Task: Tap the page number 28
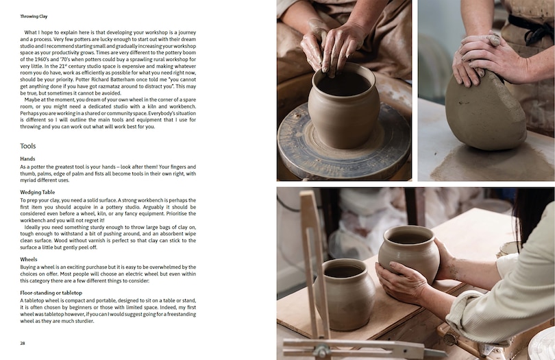pyautogui.click(x=23, y=342)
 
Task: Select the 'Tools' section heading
pyautogui.click(x=28, y=146)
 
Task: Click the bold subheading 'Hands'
pyautogui.click(x=27, y=159)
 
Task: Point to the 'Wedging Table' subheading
pyautogui.click(x=38, y=193)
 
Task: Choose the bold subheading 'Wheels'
pyautogui.click(x=29, y=260)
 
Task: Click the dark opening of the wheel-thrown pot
pyautogui.click(x=342, y=83)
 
